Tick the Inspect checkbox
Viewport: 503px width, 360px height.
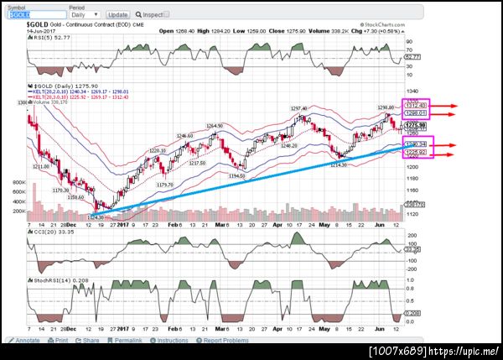[139, 15]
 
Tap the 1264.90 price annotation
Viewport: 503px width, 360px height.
[215, 126]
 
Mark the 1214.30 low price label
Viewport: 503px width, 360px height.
[339, 164]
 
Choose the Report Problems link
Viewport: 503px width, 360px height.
[223, 341]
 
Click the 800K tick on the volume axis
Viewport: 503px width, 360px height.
[17, 181]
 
